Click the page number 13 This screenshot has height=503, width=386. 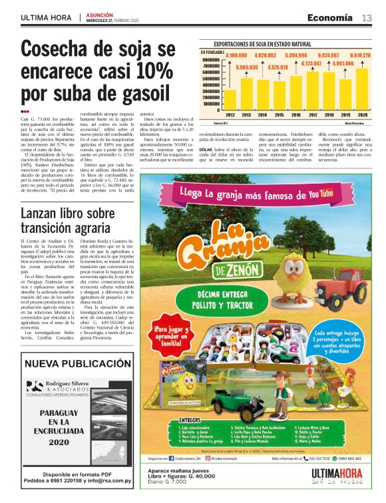[x=367, y=17]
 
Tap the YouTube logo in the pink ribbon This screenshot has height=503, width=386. [x=311, y=193]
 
